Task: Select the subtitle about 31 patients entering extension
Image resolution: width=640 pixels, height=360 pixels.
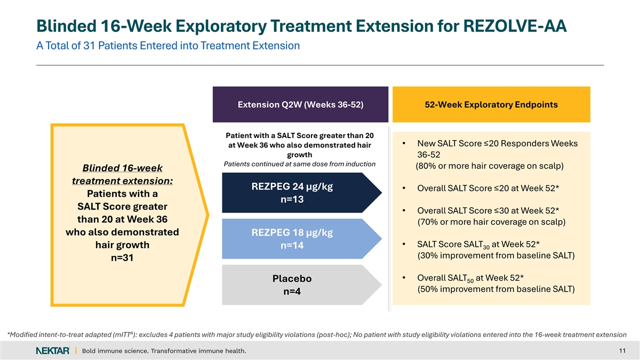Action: click(x=167, y=46)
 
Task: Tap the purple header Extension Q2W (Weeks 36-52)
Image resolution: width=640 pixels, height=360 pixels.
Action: click(x=300, y=105)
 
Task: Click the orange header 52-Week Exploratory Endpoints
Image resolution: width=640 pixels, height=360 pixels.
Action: click(x=491, y=105)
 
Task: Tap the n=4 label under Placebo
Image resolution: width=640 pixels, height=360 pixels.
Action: click(x=292, y=292)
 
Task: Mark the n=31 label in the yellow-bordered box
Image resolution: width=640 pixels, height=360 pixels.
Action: click(x=122, y=258)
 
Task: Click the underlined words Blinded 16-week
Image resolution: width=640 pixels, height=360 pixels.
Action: click(x=122, y=167)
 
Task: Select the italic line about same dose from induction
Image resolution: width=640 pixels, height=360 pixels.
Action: click(x=300, y=164)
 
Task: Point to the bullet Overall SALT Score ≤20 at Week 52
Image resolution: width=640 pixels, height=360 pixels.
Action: click(x=488, y=188)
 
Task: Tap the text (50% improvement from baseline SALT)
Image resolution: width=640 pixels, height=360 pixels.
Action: click(x=495, y=289)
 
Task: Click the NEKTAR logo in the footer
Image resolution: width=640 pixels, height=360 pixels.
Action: click(x=52, y=350)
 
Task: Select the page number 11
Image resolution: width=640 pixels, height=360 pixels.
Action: click(x=622, y=350)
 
